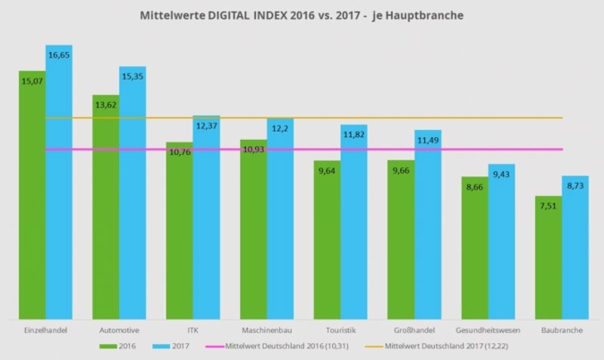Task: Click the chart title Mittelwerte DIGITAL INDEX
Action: coord(302,16)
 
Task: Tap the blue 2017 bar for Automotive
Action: coord(132,197)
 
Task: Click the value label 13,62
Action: coord(106,105)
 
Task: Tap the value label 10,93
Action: coord(253,149)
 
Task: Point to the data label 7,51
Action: coord(548,205)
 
